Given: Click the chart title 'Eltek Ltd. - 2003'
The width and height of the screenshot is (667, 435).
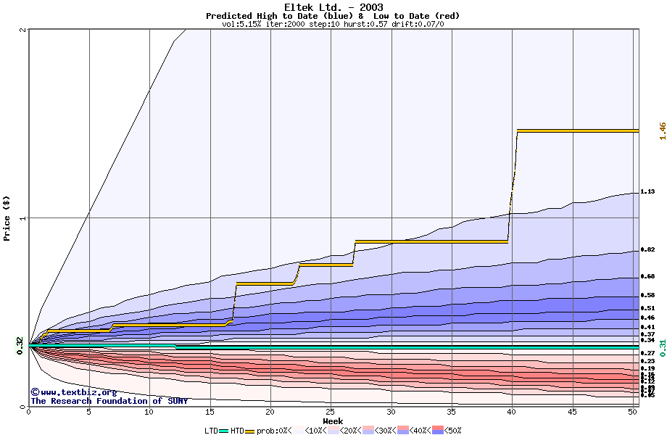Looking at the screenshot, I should pyautogui.click(x=333, y=7).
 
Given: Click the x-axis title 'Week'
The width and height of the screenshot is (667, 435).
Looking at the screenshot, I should pyautogui.click(x=333, y=421).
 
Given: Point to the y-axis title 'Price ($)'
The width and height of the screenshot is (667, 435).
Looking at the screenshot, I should pyautogui.click(x=7, y=218).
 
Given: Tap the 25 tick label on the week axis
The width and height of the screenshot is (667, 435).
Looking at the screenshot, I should pyautogui.click(x=330, y=413).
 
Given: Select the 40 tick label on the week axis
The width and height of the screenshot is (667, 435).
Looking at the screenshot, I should pyautogui.click(x=511, y=413).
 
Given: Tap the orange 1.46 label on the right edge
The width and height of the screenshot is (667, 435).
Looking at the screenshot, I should pyautogui.click(x=662, y=130).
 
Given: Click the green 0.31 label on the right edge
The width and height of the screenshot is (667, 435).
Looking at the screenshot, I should pyautogui.click(x=662, y=348).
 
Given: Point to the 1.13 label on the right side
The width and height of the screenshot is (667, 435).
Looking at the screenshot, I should pyautogui.click(x=647, y=192).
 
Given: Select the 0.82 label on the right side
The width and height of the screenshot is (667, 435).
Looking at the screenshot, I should pyautogui.click(x=647, y=250).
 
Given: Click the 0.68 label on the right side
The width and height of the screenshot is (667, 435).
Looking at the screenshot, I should pyautogui.click(x=647, y=276).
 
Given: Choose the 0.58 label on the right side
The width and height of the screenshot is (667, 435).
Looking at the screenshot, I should pyautogui.click(x=647, y=295).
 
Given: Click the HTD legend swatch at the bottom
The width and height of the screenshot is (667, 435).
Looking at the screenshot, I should pyautogui.click(x=251, y=431).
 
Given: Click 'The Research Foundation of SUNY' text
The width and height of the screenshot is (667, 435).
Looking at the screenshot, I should pyautogui.click(x=109, y=401).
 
